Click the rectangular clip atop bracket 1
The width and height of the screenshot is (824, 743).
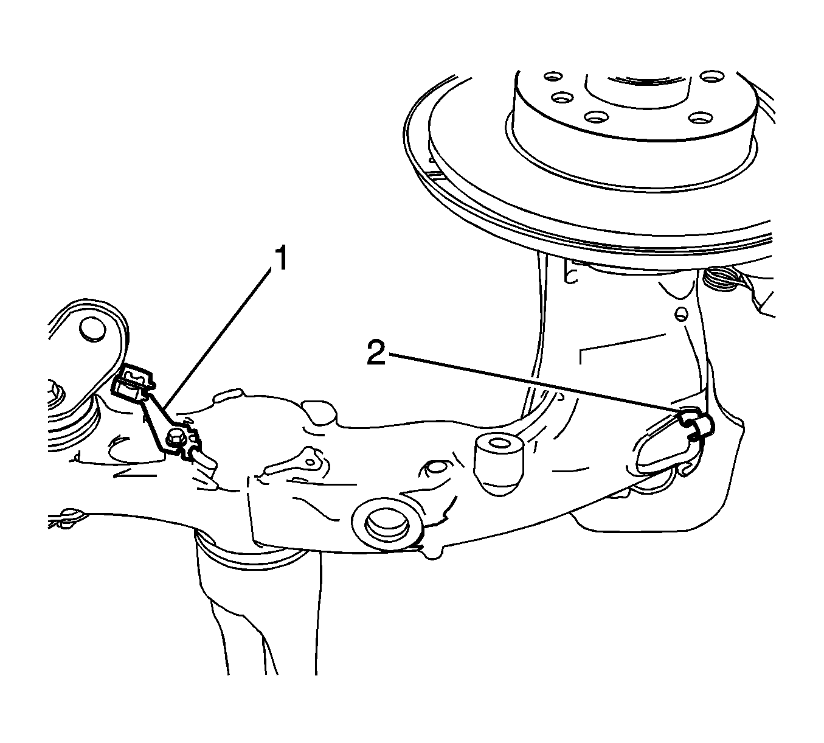133,382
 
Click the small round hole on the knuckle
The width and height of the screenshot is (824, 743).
682,314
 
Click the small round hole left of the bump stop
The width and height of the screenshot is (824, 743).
436,467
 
